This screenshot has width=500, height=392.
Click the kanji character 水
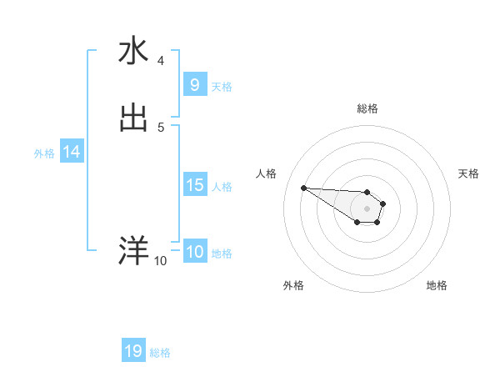coord(133,51)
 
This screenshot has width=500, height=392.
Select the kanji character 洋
coord(133,250)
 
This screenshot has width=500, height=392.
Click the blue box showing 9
coord(194,85)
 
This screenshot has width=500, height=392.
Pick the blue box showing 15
coord(194,185)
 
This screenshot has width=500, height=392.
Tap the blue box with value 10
coord(194,253)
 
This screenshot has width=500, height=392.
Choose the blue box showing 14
coord(72,153)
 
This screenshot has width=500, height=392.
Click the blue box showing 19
coord(133,352)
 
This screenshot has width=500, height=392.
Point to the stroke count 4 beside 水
coord(161,61)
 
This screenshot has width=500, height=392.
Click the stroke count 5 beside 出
coord(161,128)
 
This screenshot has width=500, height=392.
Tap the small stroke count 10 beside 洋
coord(160,261)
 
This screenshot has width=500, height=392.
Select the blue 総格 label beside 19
coord(160,353)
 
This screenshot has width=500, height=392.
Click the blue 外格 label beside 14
coord(44,153)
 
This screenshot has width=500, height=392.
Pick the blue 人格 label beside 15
coord(222,186)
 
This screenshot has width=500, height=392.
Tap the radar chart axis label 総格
coord(367,108)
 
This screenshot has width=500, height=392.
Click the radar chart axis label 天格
coord(468,173)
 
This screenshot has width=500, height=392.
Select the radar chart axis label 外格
coord(293,285)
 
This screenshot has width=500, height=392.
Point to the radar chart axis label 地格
coord(437,285)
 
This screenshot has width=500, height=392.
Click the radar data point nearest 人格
coord(303,188)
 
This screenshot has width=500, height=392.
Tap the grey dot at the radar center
coord(367,209)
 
